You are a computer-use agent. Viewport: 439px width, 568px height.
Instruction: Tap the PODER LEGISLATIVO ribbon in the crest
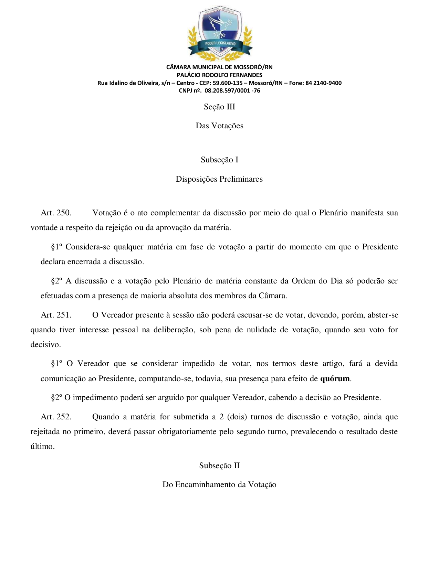220,44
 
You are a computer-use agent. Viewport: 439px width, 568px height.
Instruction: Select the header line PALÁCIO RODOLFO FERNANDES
219,75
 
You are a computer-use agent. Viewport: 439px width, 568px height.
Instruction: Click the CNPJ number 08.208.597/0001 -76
232,91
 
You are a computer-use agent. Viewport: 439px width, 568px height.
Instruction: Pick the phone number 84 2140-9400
323,83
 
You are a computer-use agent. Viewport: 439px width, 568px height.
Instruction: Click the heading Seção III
219,107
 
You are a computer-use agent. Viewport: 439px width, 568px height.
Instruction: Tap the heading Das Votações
219,126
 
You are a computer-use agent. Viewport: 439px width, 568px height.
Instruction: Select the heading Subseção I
219,160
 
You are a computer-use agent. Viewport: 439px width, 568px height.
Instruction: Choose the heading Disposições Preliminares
219,179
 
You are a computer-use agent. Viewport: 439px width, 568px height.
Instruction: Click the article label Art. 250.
56,213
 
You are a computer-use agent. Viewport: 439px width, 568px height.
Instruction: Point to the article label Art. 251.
56,315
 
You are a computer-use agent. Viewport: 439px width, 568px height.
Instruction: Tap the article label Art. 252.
56,417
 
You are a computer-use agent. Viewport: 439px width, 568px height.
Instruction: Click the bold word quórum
335,379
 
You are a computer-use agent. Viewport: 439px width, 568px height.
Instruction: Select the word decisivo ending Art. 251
45,345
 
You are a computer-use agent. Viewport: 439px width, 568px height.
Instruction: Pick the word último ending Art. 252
42,447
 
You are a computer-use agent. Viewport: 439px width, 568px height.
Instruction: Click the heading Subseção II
219,465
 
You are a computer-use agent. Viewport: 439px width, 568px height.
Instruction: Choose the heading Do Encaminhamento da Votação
219,484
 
